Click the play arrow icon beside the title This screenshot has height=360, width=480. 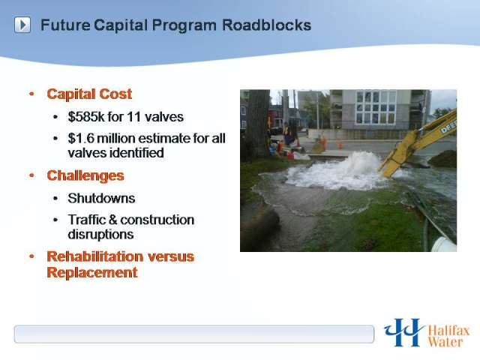coord(22,25)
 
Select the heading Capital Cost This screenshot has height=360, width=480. coord(89,94)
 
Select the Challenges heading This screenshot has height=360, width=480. coord(85,175)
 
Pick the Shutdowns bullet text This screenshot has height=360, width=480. coord(101,198)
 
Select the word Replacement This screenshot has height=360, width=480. coord(91,272)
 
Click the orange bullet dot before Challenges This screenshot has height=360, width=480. coord(31,175)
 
